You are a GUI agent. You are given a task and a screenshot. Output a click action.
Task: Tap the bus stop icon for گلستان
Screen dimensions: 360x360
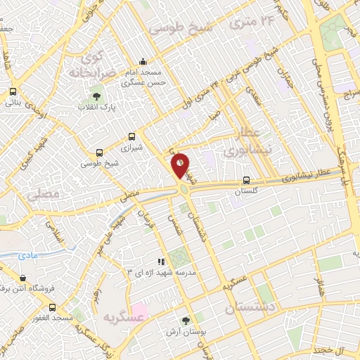click(x=245, y=180)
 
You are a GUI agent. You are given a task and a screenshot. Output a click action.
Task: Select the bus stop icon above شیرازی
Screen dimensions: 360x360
click(x=131, y=138)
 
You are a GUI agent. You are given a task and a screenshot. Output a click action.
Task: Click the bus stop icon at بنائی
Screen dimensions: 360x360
click(x=13, y=91)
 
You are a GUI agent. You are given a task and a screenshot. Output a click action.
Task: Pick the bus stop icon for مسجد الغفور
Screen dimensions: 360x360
click(x=52, y=307)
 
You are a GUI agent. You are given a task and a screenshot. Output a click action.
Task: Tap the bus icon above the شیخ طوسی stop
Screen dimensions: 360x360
click(x=99, y=152)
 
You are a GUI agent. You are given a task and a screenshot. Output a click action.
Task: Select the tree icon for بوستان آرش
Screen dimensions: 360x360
click(x=186, y=320)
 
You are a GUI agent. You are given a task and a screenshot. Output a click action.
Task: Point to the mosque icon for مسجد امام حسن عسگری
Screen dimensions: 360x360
click(x=143, y=61)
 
